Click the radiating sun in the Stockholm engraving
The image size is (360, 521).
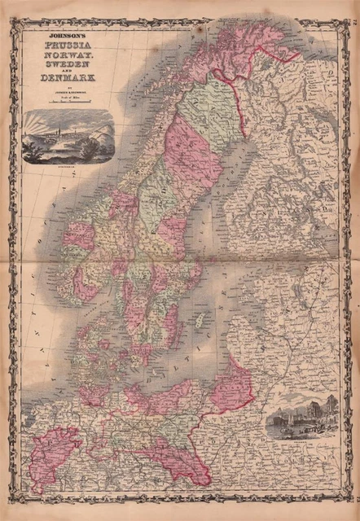42,122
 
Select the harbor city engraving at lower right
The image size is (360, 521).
301,415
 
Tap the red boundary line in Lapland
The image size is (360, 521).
236,90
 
